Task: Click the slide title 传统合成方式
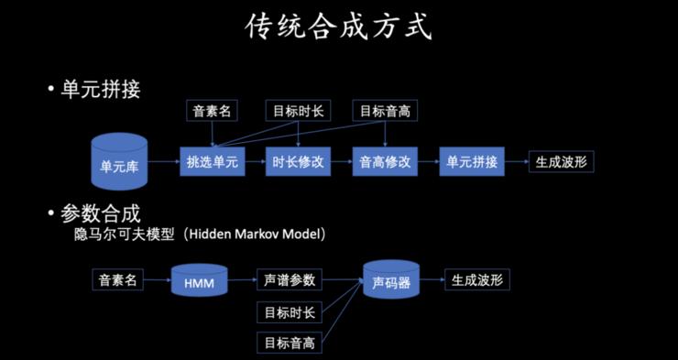(338, 27)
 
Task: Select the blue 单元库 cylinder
(119, 163)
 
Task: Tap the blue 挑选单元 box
(212, 162)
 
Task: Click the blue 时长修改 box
(298, 162)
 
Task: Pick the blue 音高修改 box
(384, 162)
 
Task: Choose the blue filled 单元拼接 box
(471, 162)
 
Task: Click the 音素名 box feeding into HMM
(118, 279)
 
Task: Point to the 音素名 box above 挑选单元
(212, 111)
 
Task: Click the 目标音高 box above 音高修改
(385, 111)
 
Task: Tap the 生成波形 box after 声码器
(476, 279)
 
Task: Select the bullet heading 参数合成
(100, 213)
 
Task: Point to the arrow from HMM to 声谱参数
(240, 279)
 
